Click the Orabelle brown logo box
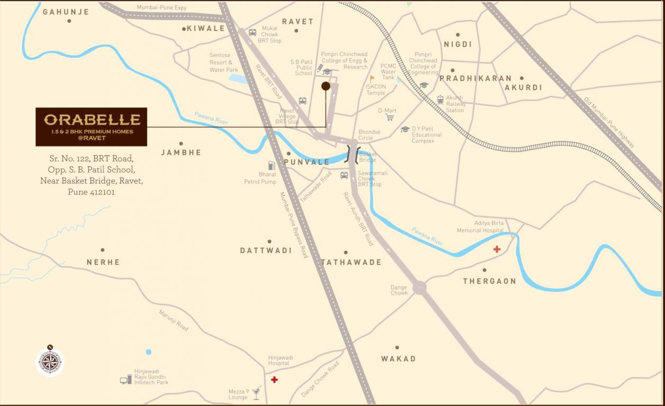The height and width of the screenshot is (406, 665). click(x=91, y=127)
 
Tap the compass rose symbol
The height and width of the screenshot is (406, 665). click(x=50, y=362)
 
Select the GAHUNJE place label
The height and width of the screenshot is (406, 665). click(x=66, y=12)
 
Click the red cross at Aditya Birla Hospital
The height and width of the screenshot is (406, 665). click(x=497, y=249)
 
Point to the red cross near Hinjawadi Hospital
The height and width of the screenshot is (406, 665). click(x=274, y=380)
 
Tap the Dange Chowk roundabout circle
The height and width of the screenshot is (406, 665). click(x=419, y=288)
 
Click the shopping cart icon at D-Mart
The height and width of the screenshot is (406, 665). click(x=390, y=117)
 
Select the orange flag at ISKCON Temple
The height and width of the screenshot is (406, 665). click(x=372, y=78)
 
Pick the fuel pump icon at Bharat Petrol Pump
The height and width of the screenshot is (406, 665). click(x=271, y=165)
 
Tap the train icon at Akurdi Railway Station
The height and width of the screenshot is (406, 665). click(x=440, y=99)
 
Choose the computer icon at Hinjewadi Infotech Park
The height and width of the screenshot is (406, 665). click(x=125, y=379)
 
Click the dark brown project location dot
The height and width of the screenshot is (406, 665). click(x=326, y=86)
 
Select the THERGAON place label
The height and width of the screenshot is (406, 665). click(x=489, y=281)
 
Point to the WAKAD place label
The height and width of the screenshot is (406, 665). click(x=398, y=358)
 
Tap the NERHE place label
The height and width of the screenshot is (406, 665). click(x=103, y=262)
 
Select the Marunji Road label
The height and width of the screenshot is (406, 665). click(x=174, y=320)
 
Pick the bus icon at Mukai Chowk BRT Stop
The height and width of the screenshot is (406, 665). click(x=252, y=33)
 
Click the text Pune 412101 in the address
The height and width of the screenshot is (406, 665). click(x=91, y=192)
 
